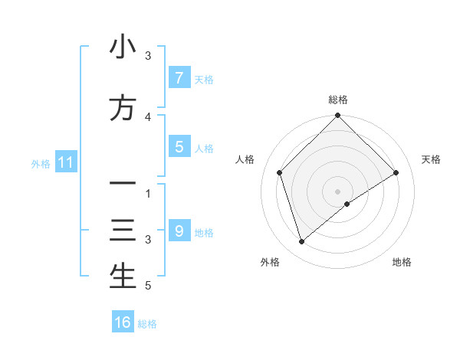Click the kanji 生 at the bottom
click(x=123, y=277)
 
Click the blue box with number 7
click(x=179, y=77)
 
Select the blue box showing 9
click(x=179, y=231)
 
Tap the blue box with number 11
click(x=65, y=162)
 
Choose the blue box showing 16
click(x=123, y=322)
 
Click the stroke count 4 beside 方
click(x=149, y=117)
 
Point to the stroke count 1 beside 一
click(x=149, y=194)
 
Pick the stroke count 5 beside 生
click(x=148, y=286)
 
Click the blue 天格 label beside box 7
click(x=204, y=80)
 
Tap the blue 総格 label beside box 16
click(x=147, y=324)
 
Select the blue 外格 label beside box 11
click(x=41, y=163)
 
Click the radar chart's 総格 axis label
click(x=338, y=100)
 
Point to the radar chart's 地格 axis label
click(x=402, y=262)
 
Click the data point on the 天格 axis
click(x=396, y=172)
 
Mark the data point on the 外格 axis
click(x=302, y=242)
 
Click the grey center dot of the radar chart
click(x=338, y=191)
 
